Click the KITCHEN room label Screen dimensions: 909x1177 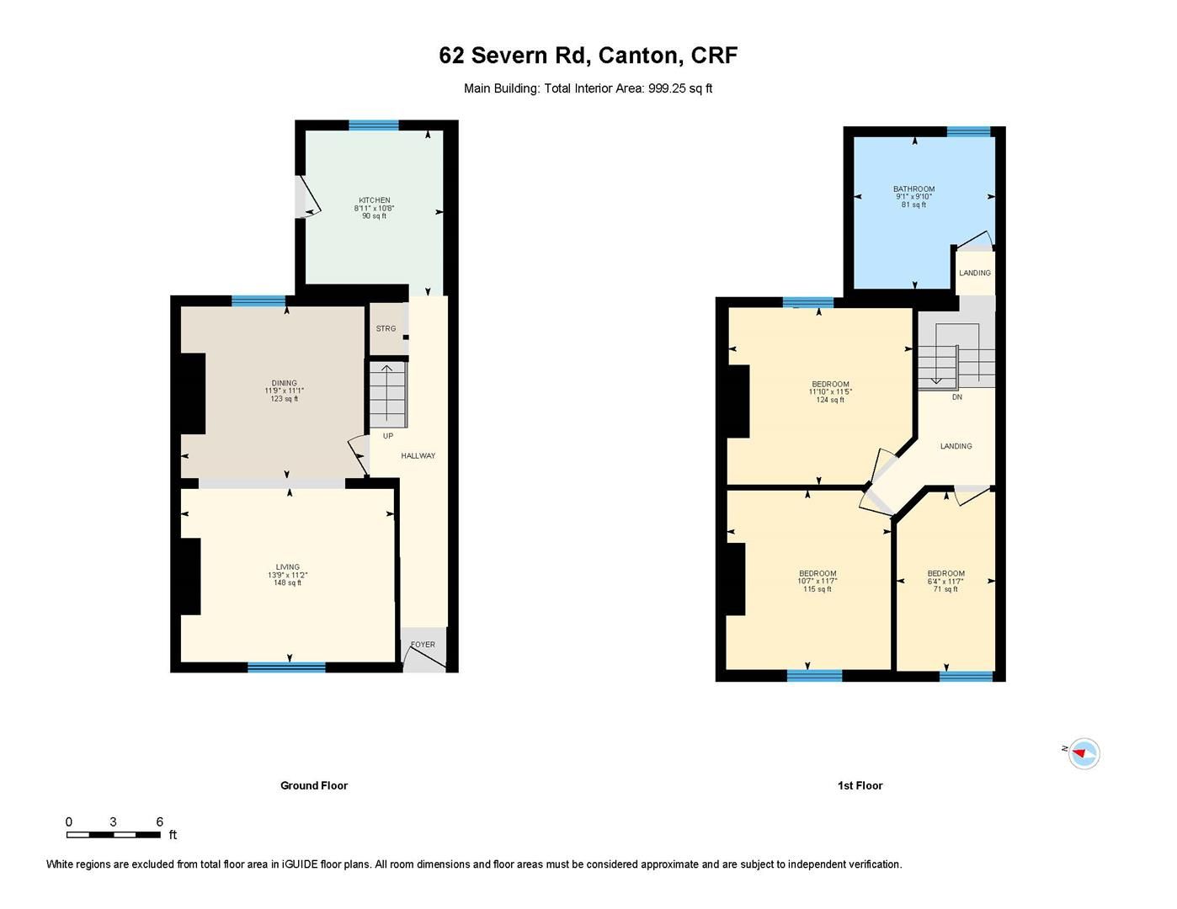pos(374,200)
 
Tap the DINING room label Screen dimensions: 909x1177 pos(284,383)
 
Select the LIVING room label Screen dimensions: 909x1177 pos(287,567)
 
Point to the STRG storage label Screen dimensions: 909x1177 pos(386,328)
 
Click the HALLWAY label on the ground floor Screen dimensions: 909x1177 pos(418,456)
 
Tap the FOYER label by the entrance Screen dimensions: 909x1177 pos(423,645)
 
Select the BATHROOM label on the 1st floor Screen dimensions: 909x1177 pos(913,189)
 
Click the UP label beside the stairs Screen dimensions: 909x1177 pos(388,436)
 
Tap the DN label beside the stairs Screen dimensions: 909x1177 pos(956,397)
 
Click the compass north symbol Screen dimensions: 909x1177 pos(1083,753)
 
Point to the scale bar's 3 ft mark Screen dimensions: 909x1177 pos(113,822)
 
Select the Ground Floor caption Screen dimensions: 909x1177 pos(313,785)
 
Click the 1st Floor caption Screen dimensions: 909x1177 pos(860,785)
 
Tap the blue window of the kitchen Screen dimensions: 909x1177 pos(373,125)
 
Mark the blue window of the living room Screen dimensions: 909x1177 pos(286,667)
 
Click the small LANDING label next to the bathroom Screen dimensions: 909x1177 pos(975,273)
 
